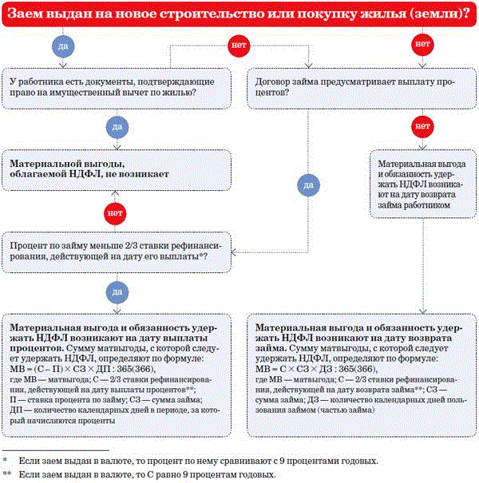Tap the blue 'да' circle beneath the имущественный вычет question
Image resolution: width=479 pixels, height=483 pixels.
click(x=117, y=127)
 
